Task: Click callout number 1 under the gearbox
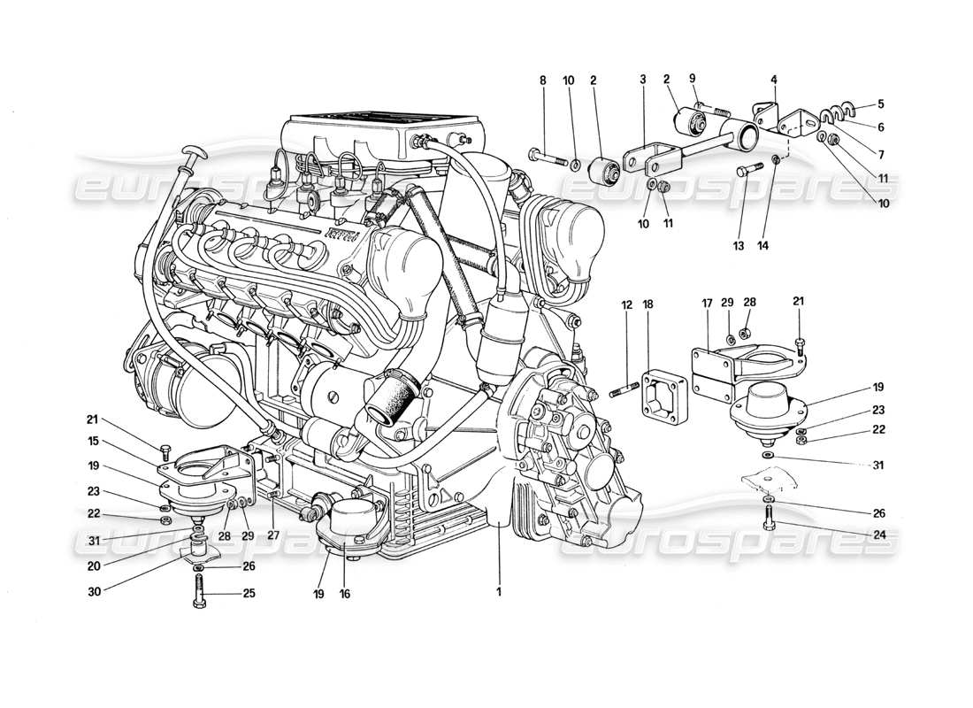(x=499, y=592)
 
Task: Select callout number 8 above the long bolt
(x=542, y=80)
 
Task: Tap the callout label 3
(x=643, y=80)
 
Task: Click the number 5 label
(x=880, y=103)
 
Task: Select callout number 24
(x=880, y=534)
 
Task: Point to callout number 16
(x=345, y=594)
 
